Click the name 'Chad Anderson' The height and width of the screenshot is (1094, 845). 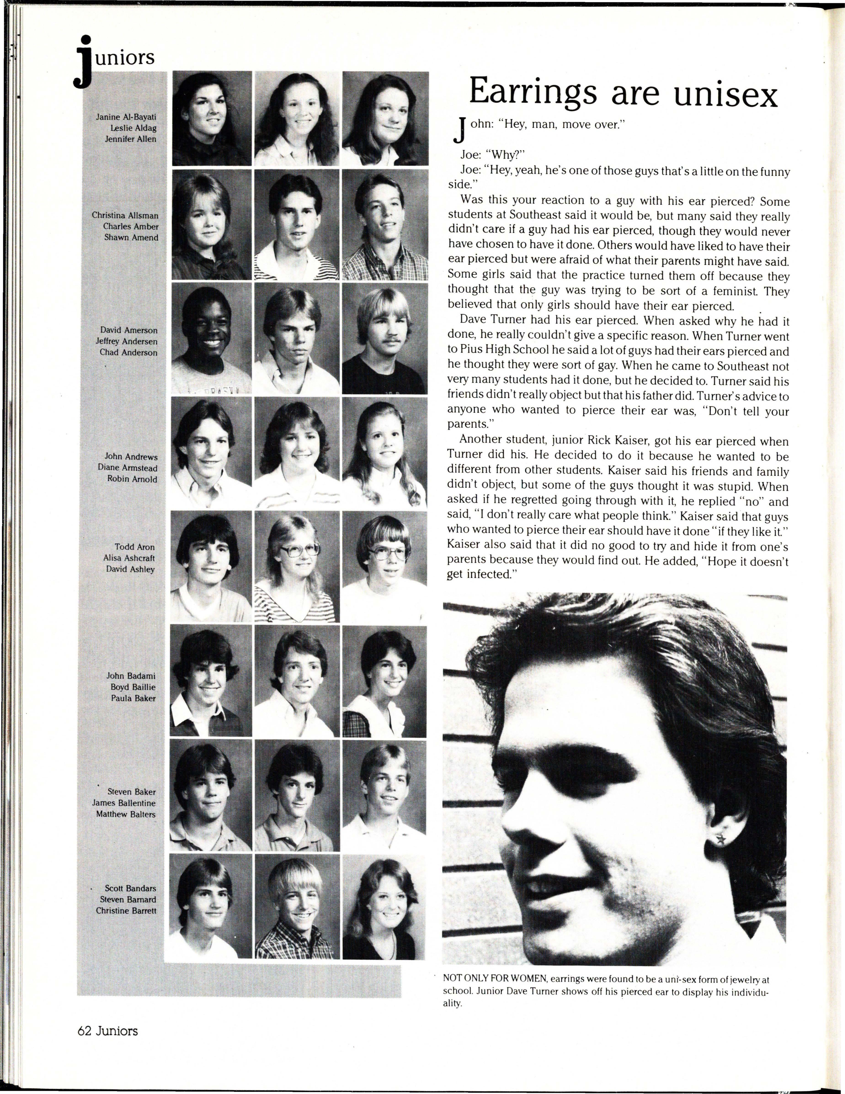128,353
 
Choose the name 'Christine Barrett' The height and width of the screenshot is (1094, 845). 126,910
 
